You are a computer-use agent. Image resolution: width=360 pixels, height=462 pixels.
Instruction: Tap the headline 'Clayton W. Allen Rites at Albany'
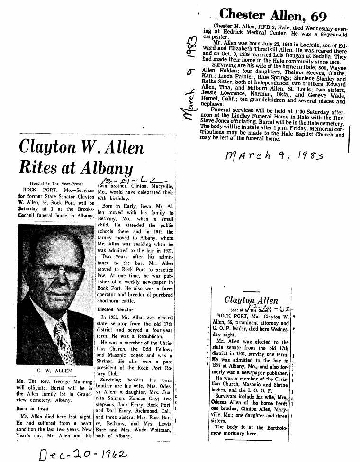coord(81,157)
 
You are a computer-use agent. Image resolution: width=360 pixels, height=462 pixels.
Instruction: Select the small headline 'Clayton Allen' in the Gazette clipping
coord(251,300)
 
